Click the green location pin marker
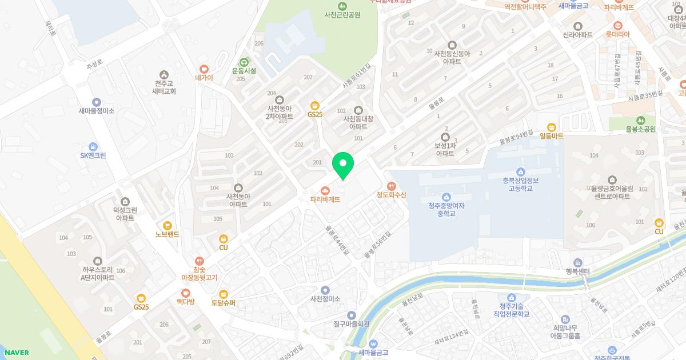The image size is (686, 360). (x=343, y=165)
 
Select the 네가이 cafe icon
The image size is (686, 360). (x=204, y=69)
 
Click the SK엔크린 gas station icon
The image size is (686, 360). (x=93, y=146)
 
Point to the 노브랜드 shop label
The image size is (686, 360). (x=167, y=234)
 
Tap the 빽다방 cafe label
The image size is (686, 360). (x=185, y=301)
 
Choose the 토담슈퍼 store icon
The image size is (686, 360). (x=224, y=294)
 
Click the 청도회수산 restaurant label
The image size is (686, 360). (x=391, y=195)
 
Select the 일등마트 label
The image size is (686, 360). (x=551, y=136)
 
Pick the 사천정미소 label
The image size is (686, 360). (x=325, y=299)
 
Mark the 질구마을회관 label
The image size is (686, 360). (x=352, y=323)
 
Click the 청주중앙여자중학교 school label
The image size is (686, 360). (x=446, y=210)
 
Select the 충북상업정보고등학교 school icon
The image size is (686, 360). (x=520, y=171)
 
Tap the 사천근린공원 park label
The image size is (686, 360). (x=342, y=15)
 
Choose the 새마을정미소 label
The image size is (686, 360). (x=96, y=111)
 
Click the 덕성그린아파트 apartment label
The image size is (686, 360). (x=125, y=214)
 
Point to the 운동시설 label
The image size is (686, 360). (x=244, y=71)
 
